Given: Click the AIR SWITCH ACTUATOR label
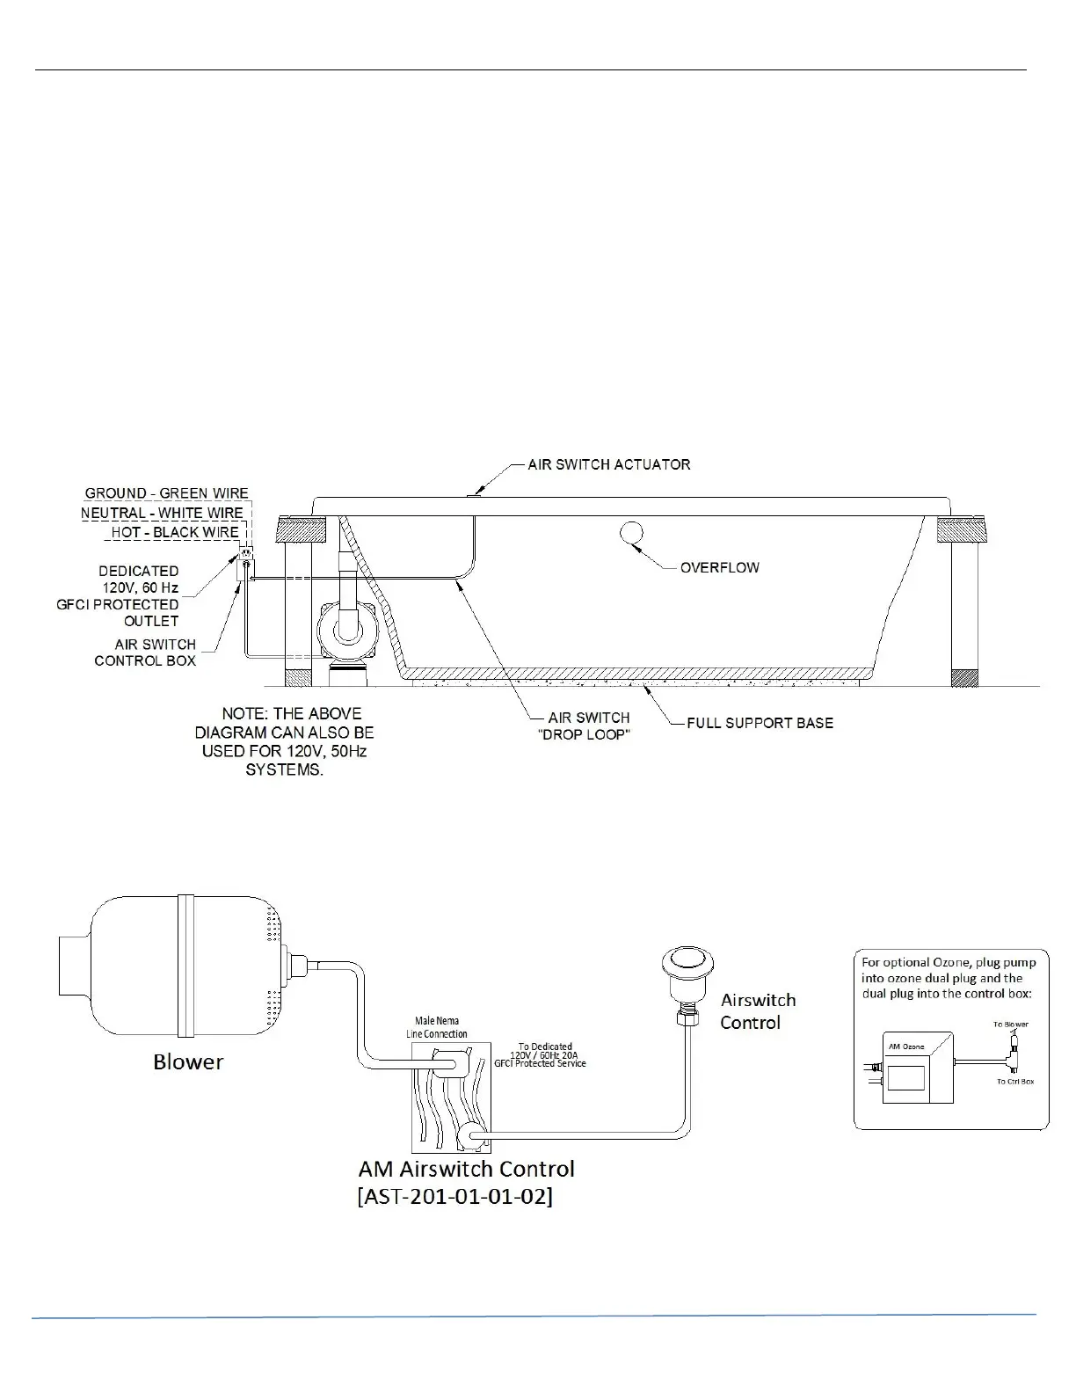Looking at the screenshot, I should coord(608,464).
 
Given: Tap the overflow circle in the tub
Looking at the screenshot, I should coord(631,532).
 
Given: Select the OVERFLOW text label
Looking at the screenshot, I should coord(719,567).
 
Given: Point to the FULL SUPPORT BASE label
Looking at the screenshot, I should coord(760,723).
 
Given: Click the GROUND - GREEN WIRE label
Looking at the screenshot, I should coord(166,493).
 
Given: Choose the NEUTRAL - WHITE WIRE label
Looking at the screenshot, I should coord(162,513).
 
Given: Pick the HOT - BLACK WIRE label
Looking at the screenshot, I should coord(175,532).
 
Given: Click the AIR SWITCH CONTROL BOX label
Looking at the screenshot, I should coord(145,653).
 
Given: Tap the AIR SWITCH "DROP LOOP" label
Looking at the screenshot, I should coord(588,726).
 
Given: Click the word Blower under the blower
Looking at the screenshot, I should coord(187,1061).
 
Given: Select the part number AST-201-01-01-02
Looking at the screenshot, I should coord(455,1198).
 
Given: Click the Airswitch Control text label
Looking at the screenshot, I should coord(758,1011).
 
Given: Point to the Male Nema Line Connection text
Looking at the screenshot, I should coord(436,1027).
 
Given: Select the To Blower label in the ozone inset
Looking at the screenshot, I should coord(1010,1025).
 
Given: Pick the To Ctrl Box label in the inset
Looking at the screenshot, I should coord(1014,1081).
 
